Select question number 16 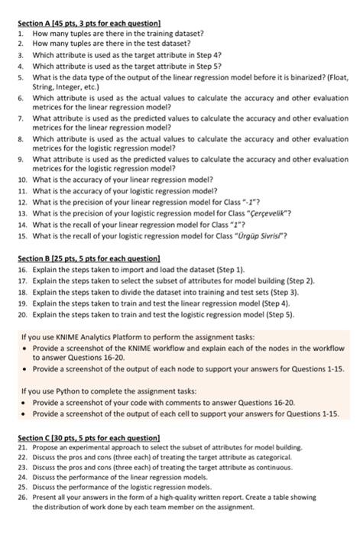[x=22, y=271]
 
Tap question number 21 [x=22, y=446]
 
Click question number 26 [x=22, y=497]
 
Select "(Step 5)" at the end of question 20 [x=279, y=314]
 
